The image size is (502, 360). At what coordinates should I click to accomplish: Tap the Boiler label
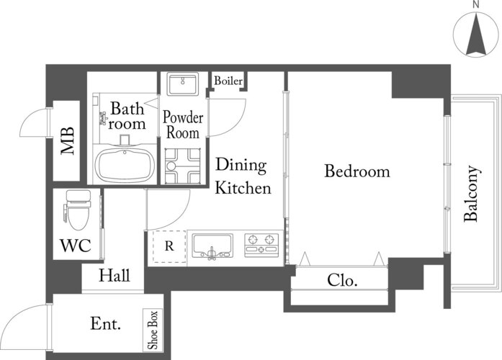tap(228, 81)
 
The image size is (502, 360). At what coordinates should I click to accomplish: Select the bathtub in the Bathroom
tap(125, 165)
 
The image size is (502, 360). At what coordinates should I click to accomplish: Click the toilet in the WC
tap(78, 210)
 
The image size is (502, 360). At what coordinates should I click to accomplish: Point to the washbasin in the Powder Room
tap(182, 84)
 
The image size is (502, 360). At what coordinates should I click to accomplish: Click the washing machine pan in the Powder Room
tap(182, 166)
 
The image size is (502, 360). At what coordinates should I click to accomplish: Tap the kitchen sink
tap(212, 246)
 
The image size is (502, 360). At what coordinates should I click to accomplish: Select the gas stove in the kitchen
tap(261, 245)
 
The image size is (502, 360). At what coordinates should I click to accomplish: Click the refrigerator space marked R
tap(169, 246)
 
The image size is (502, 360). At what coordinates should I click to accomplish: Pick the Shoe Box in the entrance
tap(153, 330)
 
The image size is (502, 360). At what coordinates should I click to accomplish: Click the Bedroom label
tap(357, 171)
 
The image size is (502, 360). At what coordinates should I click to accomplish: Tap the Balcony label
tap(471, 194)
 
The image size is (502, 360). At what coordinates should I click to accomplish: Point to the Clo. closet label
tap(342, 280)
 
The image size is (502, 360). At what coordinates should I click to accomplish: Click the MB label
tap(68, 141)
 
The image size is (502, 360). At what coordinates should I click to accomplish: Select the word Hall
tap(114, 275)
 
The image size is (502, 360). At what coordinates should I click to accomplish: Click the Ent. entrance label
tap(106, 323)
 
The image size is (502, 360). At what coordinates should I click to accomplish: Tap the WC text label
tap(76, 246)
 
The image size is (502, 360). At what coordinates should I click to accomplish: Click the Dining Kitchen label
tap(243, 176)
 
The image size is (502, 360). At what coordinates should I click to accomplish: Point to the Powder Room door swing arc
tap(236, 124)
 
